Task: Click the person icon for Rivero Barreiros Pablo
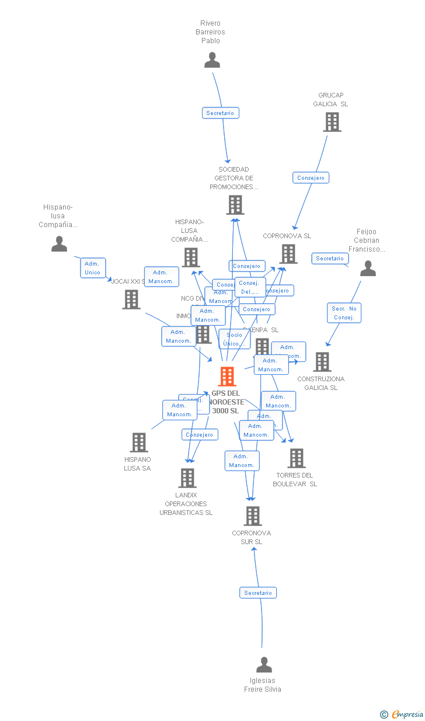[212, 60]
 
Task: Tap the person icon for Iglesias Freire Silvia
[264, 664]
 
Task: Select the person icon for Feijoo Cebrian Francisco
[368, 268]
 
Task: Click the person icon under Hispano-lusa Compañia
[59, 243]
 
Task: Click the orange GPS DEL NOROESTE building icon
[227, 377]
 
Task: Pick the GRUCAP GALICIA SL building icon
[332, 122]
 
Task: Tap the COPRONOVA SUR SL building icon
[252, 516]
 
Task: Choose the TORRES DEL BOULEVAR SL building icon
[296, 458]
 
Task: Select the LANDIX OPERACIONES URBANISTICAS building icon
[187, 478]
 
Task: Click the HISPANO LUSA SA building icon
[138, 443]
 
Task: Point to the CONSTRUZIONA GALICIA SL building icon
[322, 362]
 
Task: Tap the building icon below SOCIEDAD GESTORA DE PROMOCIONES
[235, 205]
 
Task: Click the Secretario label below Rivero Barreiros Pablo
[220, 113]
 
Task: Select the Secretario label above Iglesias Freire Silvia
[258, 593]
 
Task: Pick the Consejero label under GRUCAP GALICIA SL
[311, 177]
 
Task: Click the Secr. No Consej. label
[344, 313]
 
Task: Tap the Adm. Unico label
[93, 268]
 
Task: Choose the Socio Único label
[235, 339]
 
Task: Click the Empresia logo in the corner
[402, 714]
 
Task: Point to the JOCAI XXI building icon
[131, 299]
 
